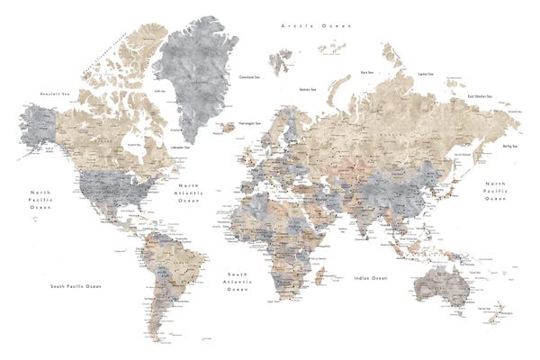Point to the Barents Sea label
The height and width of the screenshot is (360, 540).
pyautogui.click(x=309, y=89)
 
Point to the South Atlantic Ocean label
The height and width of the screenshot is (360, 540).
pyautogui.click(x=238, y=281)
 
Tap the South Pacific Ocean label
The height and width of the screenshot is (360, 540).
pyautogui.click(x=76, y=286)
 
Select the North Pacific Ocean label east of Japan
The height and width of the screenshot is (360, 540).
pyautogui.click(x=495, y=191)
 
